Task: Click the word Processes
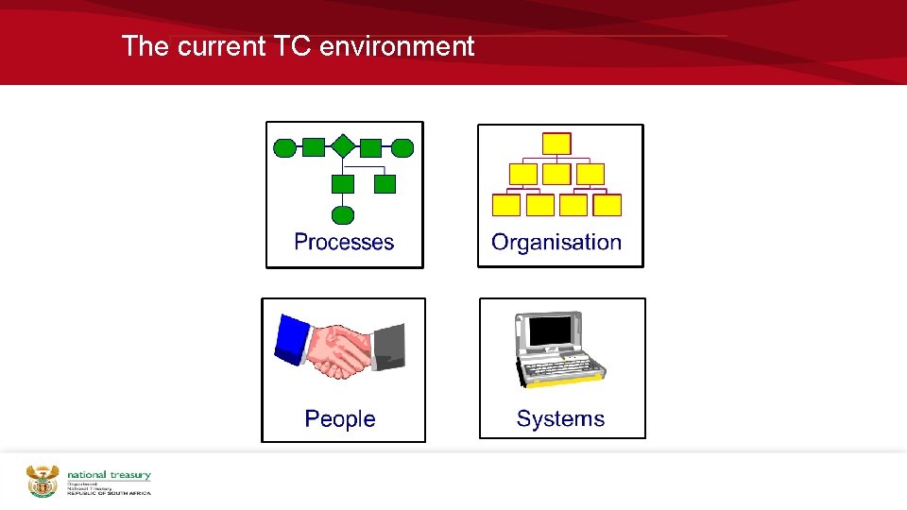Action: coord(344,242)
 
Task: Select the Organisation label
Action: coord(556,242)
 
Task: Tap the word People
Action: coord(340,418)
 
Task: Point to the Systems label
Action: coord(560,418)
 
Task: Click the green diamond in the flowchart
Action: coord(343,146)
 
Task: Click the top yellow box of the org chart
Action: coord(556,144)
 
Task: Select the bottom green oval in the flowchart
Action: coord(343,214)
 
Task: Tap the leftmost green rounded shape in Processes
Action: coord(283,147)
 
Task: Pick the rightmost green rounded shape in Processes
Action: coord(402,147)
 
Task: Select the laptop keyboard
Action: coord(562,367)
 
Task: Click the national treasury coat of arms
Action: coord(43,481)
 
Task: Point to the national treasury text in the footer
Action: coord(109,476)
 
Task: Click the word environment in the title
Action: coord(397,46)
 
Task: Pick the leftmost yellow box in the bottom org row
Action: coord(506,205)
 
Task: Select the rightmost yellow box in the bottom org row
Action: coord(608,205)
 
